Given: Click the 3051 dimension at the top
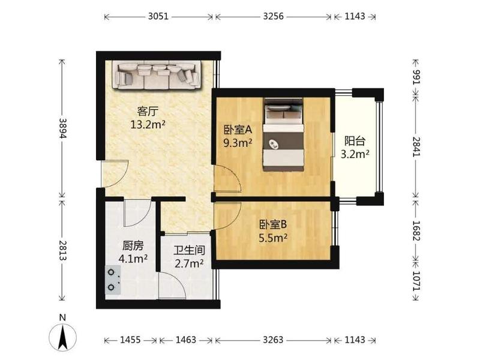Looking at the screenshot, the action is coord(158,16).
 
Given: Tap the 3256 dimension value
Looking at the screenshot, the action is coord(274,16).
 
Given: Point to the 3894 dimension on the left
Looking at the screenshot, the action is coord(62,128).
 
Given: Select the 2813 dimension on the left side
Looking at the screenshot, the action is coord(62,250).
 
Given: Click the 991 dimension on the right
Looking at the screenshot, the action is coord(417,77).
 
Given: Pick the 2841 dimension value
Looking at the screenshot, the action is coord(417,146).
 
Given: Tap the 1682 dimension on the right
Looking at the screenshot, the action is coord(417,231).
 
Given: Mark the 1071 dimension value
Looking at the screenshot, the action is coord(417,281).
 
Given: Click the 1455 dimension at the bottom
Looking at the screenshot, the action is coord(130,340).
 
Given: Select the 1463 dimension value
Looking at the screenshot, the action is coord(186,340).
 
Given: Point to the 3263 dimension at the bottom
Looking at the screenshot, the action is coord(273,340).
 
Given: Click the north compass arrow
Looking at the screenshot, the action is coord(63,337).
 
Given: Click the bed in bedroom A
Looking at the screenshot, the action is coord(283,134).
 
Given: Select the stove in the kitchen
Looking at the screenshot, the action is coord(113,280).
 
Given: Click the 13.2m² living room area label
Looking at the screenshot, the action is coord(148,125).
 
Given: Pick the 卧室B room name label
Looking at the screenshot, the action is coord(273,225).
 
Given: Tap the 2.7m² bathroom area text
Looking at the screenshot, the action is coord(189,263).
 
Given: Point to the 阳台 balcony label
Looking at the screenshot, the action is coord(355,141).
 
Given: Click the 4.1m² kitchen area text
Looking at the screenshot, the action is coord(133,259).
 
